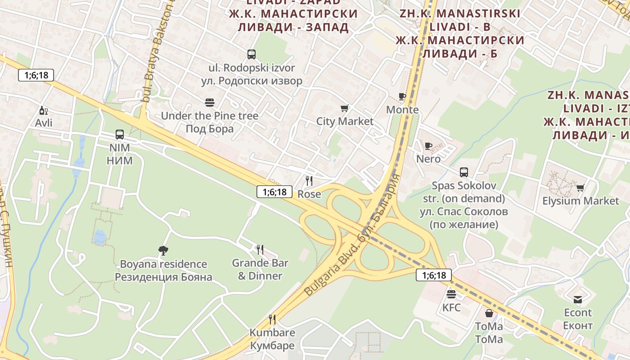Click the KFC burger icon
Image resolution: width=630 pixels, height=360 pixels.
[x=451, y=295]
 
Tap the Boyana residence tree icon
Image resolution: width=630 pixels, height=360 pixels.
[x=163, y=251]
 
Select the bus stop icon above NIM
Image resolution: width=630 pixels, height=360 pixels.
[x=120, y=134]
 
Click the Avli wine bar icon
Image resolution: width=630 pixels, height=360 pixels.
[x=44, y=111]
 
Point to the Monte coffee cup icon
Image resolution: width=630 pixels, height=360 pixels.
[x=402, y=96]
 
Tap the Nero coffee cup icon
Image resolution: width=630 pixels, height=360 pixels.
[x=428, y=146]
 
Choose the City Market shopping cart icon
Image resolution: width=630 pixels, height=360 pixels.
[x=345, y=108]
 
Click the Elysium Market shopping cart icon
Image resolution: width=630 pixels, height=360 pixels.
[x=580, y=188]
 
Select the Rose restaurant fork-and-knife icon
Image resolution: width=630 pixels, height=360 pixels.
[x=309, y=181]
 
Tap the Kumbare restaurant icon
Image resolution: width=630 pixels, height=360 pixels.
[x=272, y=319]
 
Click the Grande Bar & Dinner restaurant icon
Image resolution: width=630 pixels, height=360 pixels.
[x=260, y=250]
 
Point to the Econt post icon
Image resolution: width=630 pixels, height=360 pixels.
[x=578, y=300]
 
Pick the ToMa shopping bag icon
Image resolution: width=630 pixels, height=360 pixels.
[x=489, y=313]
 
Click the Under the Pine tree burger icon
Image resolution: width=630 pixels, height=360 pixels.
[x=209, y=103]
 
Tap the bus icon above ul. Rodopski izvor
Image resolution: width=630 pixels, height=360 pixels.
[x=252, y=54]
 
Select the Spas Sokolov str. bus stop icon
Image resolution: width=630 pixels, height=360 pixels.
[x=464, y=172]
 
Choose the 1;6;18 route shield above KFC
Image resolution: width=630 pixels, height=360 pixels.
[x=433, y=275]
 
